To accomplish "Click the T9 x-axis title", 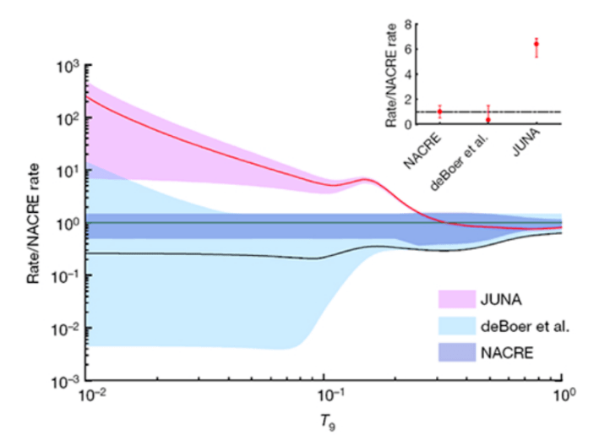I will click(325, 418).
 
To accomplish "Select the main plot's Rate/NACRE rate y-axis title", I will click(36, 223).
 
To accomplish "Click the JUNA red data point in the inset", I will click(536, 44).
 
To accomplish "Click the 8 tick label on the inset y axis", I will click(407, 24).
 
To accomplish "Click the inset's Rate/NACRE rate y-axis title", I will click(390, 74).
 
